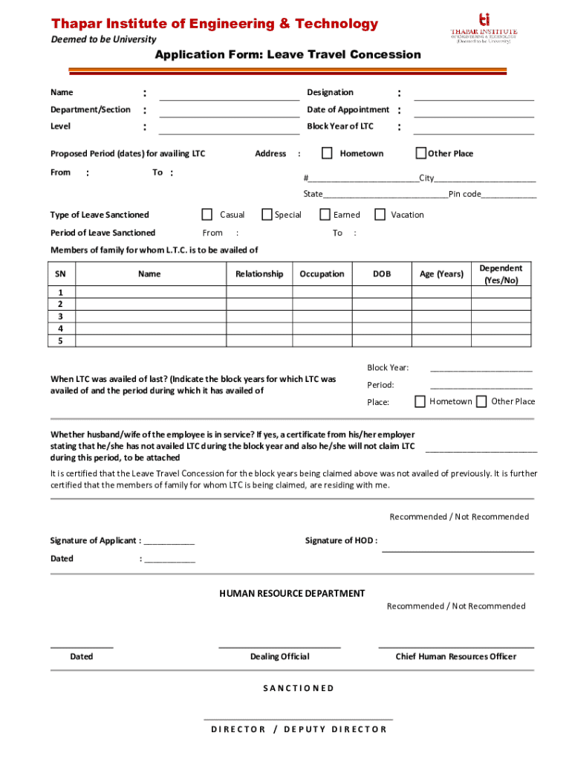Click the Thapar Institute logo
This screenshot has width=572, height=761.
pos(484,27)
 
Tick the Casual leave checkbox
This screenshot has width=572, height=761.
pos(207,215)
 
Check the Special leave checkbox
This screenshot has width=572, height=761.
pos(267,215)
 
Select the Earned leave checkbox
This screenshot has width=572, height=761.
pos(325,215)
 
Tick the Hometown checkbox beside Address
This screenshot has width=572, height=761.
pos(327,153)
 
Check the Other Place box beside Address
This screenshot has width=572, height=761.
pos(420,153)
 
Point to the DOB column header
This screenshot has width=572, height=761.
pos(382,274)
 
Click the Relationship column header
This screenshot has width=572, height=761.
pos(259,274)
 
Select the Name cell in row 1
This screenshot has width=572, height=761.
pos(149,293)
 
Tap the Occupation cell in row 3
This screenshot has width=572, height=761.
pos(322,317)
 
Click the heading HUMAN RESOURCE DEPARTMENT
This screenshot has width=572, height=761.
pos(292,594)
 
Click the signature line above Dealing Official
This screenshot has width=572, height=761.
pos(279,647)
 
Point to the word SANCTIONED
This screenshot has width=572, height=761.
pos(299,688)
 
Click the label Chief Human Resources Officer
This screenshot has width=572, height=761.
pos(455,657)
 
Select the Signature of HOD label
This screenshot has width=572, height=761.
pos(341,540)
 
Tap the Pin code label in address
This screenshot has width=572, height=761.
pos(464,195)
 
